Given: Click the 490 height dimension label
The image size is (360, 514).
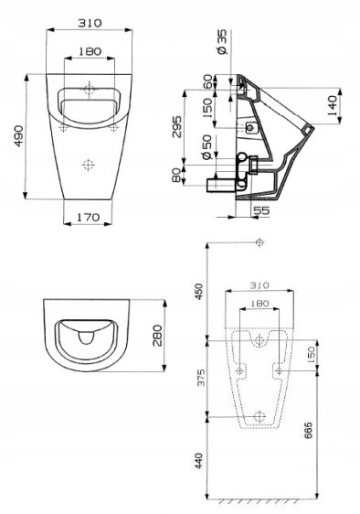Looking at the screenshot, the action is tap(18, 135).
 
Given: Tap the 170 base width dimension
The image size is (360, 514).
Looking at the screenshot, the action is tap(88, 217).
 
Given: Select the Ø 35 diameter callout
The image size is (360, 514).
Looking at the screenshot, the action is tap(222, 42).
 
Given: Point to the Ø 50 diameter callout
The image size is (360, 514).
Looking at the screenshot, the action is tap(207, 147).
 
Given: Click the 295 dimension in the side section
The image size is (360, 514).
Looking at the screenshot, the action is tap(177, 126).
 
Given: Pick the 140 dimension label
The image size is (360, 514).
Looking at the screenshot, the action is tap(332, 106).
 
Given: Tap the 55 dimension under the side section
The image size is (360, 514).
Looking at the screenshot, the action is tap(262, 210).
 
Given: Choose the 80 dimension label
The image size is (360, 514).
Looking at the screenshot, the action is tap(176, 176).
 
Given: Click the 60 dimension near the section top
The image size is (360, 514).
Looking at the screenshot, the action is tap(207, 81).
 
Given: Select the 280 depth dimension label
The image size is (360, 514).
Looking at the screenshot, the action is tap(157, 336).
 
